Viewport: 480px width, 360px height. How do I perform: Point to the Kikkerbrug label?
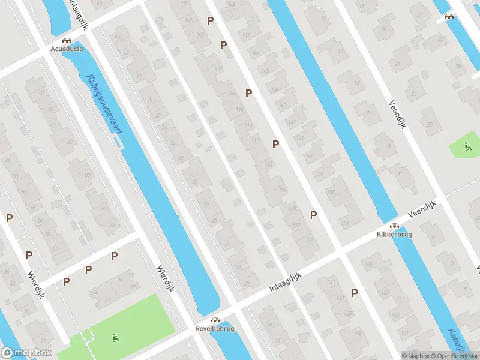click(x=394, y=235)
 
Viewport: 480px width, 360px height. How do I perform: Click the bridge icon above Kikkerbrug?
click(x=394, y=226)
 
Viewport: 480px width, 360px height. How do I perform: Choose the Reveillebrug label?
click(x=214, y=329)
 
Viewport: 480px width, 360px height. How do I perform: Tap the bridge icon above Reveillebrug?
click(x=214, y=320)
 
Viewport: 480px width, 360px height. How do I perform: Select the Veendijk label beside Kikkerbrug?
click(x=420, y=209)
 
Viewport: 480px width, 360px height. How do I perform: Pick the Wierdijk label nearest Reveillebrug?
click(x=165, y=279)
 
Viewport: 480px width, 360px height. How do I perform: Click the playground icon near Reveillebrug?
click(x=115, y=338)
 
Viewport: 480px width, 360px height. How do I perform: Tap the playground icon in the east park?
click(x=467, y=146)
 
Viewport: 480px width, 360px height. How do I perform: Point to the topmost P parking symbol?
click(x=210, y=20)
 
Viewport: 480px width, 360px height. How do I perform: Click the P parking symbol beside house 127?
click(x=313, y=215)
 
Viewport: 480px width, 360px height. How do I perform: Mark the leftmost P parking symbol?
click(x=9, y=218)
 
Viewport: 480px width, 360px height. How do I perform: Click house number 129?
click(x=309, y=240)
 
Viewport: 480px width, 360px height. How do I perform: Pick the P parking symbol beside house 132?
click(x=355, y=293)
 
